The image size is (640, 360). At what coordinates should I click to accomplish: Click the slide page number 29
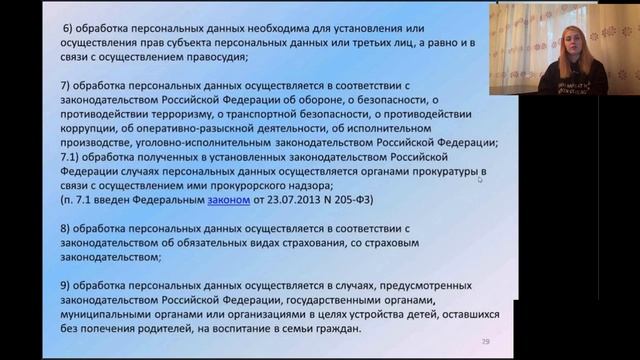coord(487,341)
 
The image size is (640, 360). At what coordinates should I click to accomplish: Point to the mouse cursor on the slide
coord(480,179)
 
